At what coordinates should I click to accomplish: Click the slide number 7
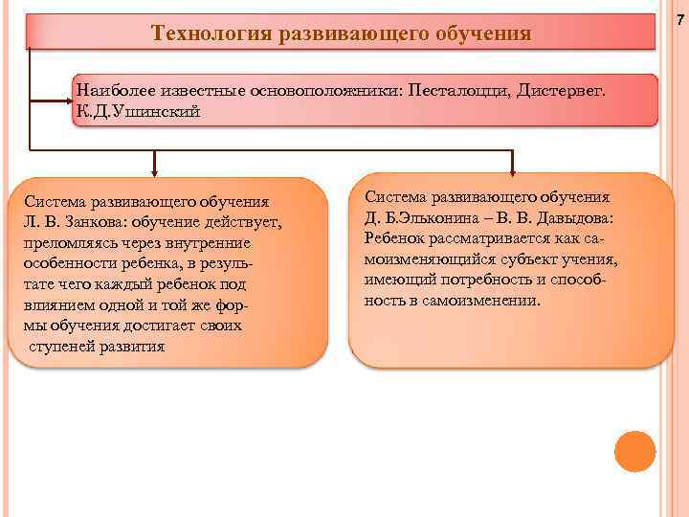coord(680,20)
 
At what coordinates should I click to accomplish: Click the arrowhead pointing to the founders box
coord(69,98)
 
